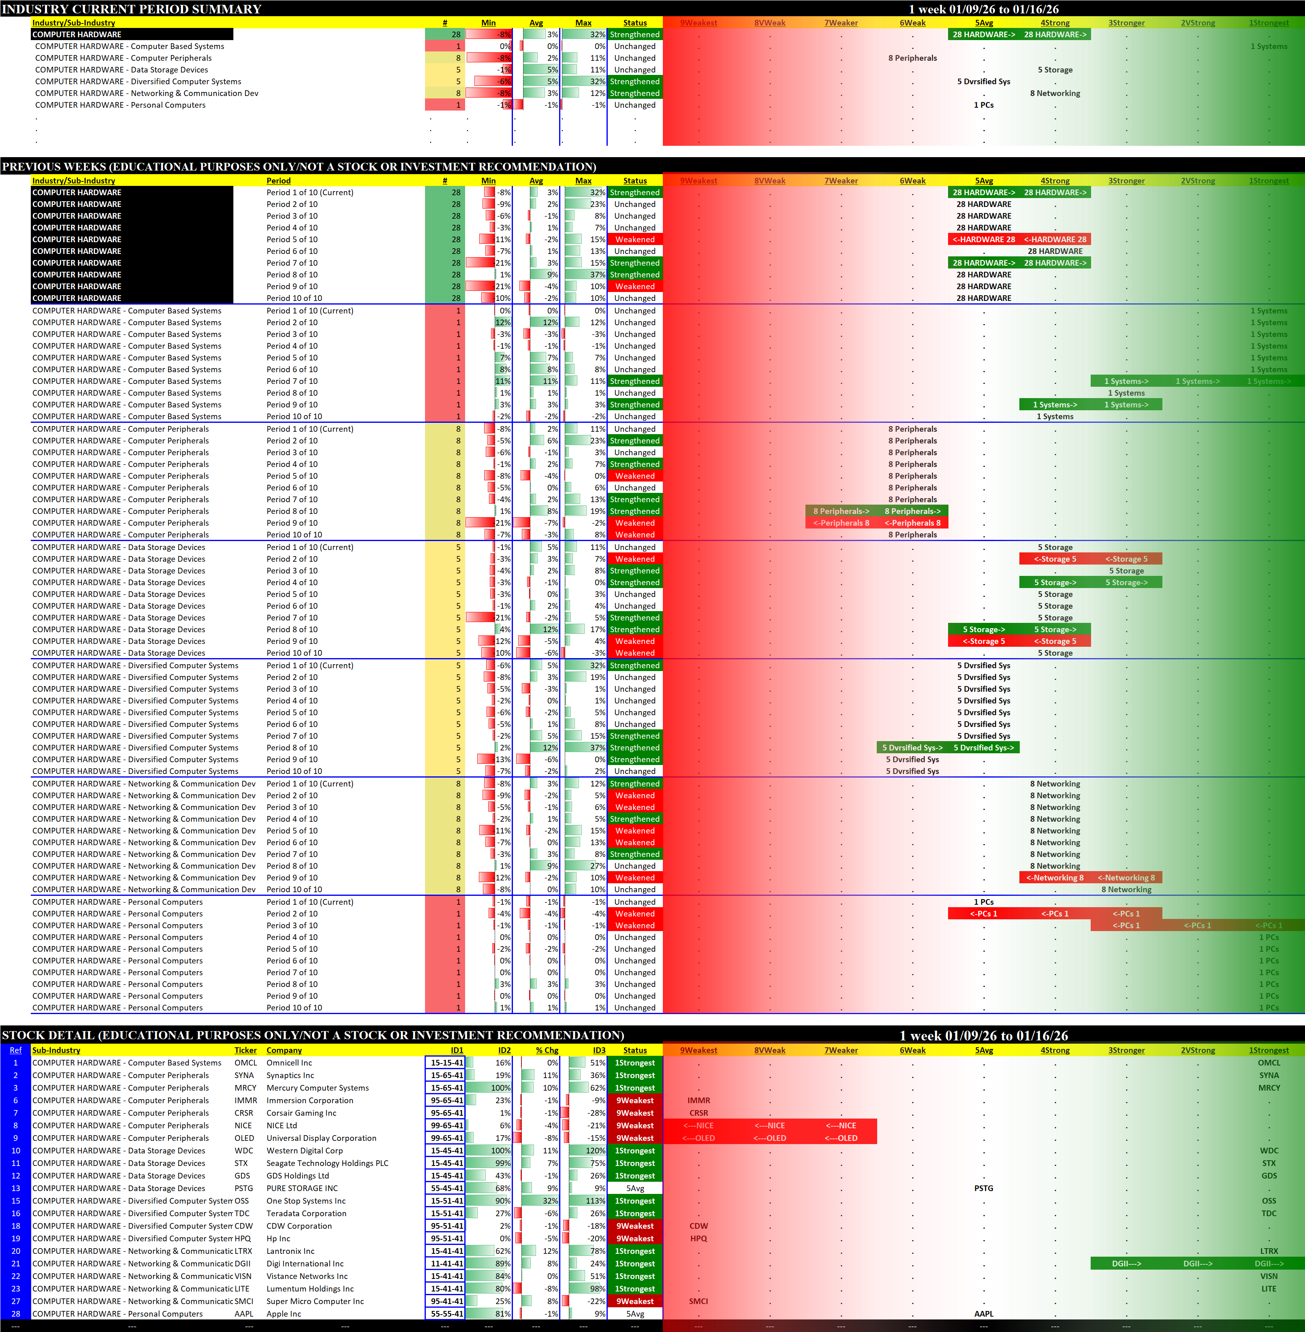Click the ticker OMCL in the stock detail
pyautogui.click(x=246, y=1063)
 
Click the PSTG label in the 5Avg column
pyautogui.click(x=984, y=1188)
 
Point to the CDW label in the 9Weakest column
pyautogui.click(x=698, y=1226)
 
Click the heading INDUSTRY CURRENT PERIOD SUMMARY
pyautogui.click(x=132, y=9)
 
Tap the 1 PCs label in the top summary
pyautogui.click(x=984, y=105)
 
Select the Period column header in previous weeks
pyautogui.click(x=278, y=181)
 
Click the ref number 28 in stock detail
pyautogui.click(x=16, y=1313)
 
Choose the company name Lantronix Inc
pyautogui.click(x=290, y=1251)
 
